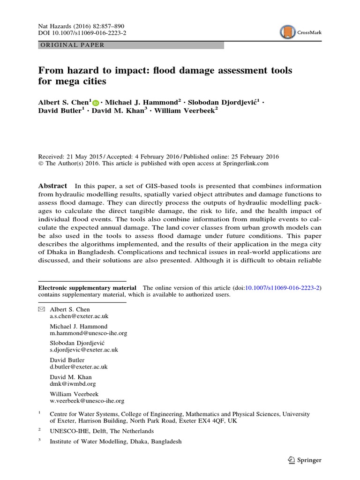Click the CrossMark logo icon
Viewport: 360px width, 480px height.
(x=288, y=32)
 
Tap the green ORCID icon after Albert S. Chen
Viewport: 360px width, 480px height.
(x=96, y=103)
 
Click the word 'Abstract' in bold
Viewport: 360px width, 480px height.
(x=52, y=186)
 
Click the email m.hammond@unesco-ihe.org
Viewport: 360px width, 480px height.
(x=89, y=333)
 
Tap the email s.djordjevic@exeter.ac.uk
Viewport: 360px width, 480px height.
(x=84, y=350)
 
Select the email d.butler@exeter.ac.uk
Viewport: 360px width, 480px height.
(x=79, y=367)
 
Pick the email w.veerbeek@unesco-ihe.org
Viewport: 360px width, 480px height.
(x=87, y=401)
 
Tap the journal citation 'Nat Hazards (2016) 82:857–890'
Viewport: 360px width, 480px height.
(x=81, y=26)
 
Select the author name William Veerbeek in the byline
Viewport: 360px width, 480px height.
(x=184, y=111)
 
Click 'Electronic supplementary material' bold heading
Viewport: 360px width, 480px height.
(x=87, y=288)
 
